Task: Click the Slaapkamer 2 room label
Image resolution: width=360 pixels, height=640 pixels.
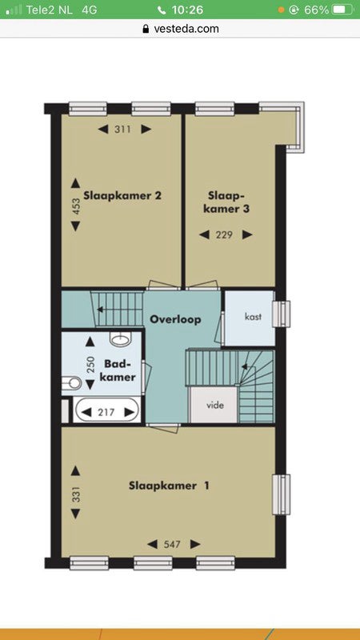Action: pos(122,195)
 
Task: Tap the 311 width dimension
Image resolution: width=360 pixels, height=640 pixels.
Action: pos(122,130)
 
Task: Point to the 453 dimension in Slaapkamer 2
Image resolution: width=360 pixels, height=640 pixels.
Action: pos(76,206)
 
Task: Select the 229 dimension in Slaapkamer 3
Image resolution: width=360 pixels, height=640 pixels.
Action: pos(224,234)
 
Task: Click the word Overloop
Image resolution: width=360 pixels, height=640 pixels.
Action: pos(175,319)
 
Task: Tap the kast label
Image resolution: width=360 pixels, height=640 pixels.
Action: pos(253,317)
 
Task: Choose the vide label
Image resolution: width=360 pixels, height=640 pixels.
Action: pos(215,406)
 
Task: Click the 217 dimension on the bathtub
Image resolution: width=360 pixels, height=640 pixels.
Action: pos(106,413)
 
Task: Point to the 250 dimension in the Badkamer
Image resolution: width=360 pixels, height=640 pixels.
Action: pos(90,364)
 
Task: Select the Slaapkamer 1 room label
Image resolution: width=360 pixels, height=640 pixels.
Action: pos(170,486)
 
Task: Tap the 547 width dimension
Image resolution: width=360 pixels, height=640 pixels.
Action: pos(172,544)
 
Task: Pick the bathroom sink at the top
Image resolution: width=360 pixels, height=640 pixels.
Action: pos(121,338)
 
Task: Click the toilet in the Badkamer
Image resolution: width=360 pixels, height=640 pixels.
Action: pos(71,383)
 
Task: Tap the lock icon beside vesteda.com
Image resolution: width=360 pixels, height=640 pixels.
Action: pos(146,29)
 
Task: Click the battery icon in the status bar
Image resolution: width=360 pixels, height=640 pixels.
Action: pos(344,10)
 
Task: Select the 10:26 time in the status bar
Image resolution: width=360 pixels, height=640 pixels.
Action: pos(187,10)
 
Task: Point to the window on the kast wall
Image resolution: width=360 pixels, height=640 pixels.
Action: pos(282,314)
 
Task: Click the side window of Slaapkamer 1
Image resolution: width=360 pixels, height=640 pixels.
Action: pos(282,494)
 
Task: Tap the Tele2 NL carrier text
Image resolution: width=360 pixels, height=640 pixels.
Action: pos(49,10)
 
